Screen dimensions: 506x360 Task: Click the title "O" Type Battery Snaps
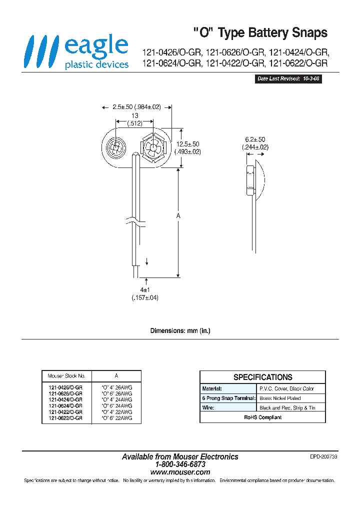(x=260, y=33)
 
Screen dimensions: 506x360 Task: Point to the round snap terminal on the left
(x=115, y=148)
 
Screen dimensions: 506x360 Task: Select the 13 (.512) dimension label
(x=134, y=119)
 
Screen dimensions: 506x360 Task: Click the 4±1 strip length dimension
(x=145, y=294)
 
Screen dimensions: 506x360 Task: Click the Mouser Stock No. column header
(x=66, y=375)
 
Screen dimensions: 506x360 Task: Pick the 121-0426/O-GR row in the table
(x=65, y=387)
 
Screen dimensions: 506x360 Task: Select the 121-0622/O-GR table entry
(x=65, y=417)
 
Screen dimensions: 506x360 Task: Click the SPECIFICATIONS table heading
(x=262, y=377)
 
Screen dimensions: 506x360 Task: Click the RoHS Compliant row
(x=262, y=417)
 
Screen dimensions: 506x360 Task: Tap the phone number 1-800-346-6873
(x=180, y=464)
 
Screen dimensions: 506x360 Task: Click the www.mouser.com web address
(x=180, y=472)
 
